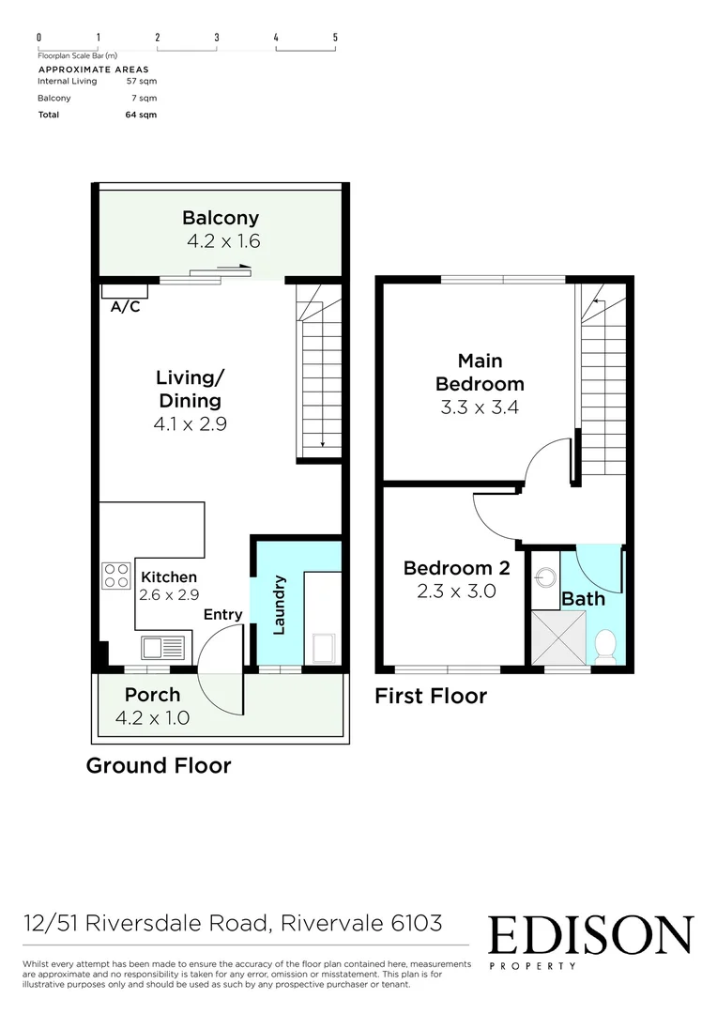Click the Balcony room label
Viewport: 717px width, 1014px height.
(x=221, y=219)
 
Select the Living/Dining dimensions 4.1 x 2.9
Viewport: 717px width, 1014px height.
(x=191, y=423)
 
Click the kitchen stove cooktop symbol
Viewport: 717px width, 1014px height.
(x=115, y=575)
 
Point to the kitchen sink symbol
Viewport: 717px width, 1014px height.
(x=162, y=647)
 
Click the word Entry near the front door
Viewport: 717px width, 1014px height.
(x=223, y=615)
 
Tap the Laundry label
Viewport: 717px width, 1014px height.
(x=279, y=605)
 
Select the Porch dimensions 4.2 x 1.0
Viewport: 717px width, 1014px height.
(x=152, y=718)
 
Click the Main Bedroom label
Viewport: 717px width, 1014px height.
(x=481, y=372)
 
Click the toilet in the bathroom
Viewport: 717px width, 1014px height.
(x=605, y=646)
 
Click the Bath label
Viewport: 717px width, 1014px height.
(x=583, y=599)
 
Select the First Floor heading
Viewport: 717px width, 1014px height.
(x=431, y=696)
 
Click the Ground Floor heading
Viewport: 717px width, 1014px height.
(x=159, y=765)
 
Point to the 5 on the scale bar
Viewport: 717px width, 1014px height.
(x=335, y=38)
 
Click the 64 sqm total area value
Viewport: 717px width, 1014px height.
(x=144, y=115)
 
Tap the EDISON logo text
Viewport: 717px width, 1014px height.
(x=590, y=935)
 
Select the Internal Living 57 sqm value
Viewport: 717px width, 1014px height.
(x=141, y=81)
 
